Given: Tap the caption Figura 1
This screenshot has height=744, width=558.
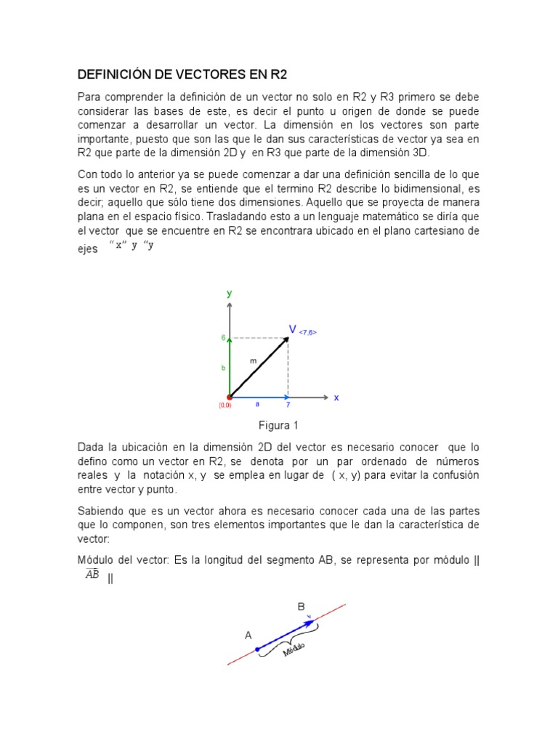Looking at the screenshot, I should click(278, 425).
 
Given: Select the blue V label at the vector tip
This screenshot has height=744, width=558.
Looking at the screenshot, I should click(293, 330).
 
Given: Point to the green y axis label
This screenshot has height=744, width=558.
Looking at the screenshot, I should click(229, 294).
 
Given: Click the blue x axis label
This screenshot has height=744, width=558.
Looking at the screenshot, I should click(336, 397).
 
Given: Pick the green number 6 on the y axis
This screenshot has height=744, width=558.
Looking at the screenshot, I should click(224, 339).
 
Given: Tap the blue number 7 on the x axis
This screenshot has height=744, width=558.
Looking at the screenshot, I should click(288, 405).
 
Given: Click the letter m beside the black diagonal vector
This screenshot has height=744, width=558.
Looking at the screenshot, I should click(253, 360).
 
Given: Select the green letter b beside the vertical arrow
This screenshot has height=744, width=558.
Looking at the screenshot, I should click(223, 368).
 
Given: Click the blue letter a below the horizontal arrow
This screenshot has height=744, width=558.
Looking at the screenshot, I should click(257, 405).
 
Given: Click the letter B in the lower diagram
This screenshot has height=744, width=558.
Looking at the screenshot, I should click(301, 606).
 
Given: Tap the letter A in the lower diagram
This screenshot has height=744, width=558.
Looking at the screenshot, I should click(248, 635).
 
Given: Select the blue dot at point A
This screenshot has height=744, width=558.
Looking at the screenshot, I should click(257, 649).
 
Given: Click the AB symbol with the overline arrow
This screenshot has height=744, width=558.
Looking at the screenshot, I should click(92, 574).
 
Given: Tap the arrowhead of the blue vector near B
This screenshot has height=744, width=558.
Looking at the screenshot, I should click(312, 622).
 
